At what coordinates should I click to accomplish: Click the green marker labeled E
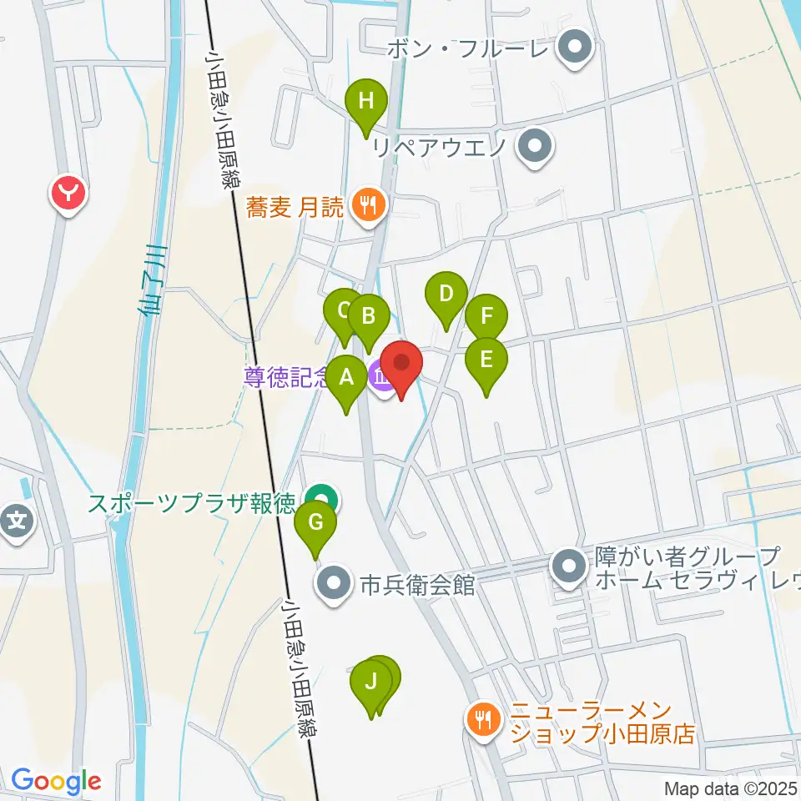486,360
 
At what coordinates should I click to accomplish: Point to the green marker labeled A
345,380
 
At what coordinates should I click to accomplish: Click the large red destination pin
401,365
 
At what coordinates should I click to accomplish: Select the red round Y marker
69,195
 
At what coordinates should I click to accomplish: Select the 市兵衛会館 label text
417,586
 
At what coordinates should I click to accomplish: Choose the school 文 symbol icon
17,524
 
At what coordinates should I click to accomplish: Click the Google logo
56,782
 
